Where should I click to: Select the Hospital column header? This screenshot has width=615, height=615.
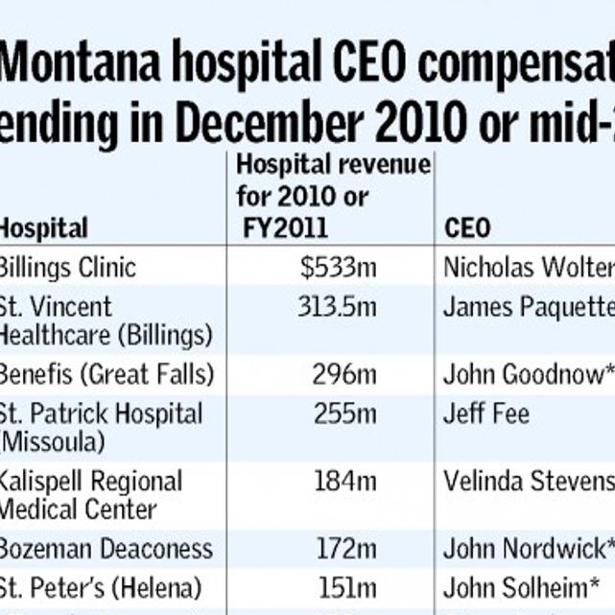(43, 228)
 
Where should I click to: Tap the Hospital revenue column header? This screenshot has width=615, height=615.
(333, 196)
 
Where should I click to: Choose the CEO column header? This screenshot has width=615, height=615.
(467, 228)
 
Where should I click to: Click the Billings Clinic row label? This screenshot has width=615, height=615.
(67, 267)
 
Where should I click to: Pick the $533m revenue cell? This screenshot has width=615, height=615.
(338, 267)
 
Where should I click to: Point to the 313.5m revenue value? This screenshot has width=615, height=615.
(337, 306)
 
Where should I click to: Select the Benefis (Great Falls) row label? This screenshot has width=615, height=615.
(106, 373)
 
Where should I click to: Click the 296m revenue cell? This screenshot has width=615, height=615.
(344, 373)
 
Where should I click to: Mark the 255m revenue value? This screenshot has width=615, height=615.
(344, 414)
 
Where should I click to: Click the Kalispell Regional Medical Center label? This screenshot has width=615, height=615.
(90, 494)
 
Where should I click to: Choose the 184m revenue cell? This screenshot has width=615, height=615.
(344, 481)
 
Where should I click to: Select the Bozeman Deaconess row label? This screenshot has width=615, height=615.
(106, 549)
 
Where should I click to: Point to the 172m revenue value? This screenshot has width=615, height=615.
(344, 549)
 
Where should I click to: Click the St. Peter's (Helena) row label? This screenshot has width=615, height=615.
(100, 585)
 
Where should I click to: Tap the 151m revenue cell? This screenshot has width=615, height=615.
(344, 585)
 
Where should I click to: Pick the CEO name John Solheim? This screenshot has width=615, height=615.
(523, 585)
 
